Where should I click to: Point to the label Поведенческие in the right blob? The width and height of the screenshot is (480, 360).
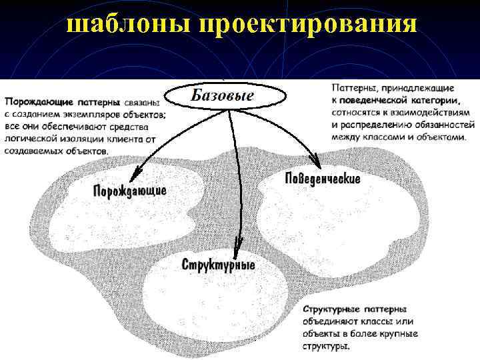323,179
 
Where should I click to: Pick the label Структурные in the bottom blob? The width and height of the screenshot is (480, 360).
218,264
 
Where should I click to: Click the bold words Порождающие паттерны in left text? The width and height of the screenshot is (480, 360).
62,103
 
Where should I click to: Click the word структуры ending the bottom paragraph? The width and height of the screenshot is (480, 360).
326,347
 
